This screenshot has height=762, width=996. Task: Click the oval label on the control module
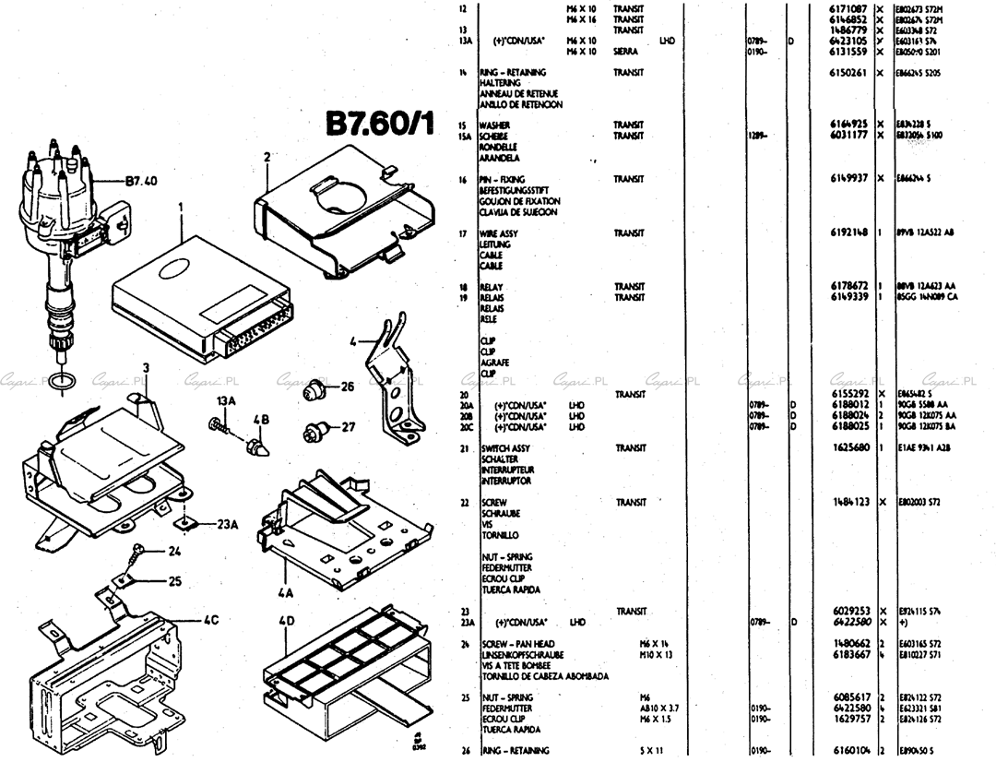pos(174,268)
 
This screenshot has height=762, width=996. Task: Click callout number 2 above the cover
pos(267,158)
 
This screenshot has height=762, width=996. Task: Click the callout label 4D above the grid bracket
pos(286,621)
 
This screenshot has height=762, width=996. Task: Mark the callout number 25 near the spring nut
pos(174,581)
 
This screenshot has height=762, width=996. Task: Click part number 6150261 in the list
pos(848,72)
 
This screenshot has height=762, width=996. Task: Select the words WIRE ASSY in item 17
pos(499,233)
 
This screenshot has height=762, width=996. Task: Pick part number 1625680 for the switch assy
pos(848,447)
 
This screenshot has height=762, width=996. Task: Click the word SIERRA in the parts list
pos(626,52)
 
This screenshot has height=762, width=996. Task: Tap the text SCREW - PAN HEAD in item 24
pos(516,643)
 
